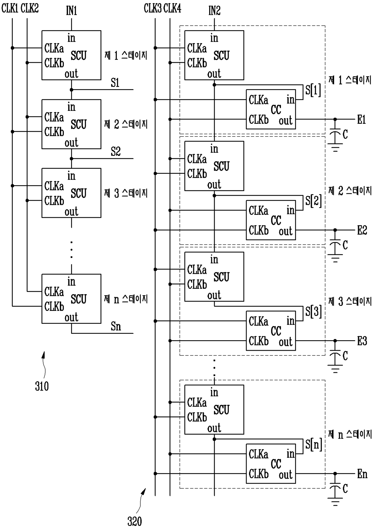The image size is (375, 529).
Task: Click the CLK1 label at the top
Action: (10, 8)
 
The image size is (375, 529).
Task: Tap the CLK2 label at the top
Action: (30, 8)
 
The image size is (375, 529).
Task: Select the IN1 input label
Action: (71, 11)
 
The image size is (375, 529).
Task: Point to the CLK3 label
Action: (153, 8)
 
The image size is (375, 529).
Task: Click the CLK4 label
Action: (172, 8)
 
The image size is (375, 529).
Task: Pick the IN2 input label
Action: (214, 11)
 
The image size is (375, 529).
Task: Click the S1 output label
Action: (115, 83)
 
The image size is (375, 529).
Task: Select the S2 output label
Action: (116, 152)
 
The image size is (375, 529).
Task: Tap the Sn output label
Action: (116, 326)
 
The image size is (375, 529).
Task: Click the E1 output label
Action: (361, 120)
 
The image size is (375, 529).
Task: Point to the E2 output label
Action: (362, 231)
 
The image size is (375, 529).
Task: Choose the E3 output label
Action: (362, 341)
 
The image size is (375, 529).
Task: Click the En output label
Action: (362, 474)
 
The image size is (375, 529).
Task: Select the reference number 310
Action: (42, 386)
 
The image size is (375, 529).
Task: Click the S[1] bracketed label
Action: (313, 90)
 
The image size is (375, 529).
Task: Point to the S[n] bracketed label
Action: (313, 444)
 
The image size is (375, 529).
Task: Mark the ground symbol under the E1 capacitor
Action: (335, 148)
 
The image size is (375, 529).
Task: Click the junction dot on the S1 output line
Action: (72, 90)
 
